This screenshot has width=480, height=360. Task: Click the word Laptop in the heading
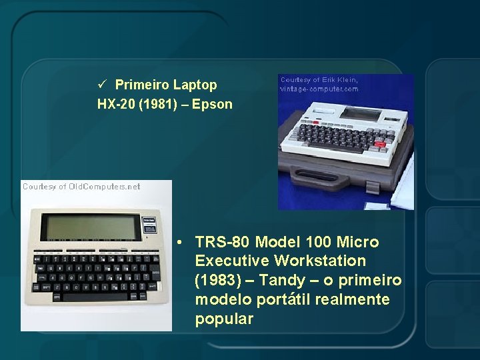(195, 85)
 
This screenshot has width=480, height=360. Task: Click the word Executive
(231, 261)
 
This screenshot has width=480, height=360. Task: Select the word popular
(224, 319)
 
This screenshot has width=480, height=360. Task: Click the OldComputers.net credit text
(81, 187)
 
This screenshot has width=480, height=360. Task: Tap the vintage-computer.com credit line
(319, 89)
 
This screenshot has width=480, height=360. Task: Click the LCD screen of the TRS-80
(91, 227)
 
